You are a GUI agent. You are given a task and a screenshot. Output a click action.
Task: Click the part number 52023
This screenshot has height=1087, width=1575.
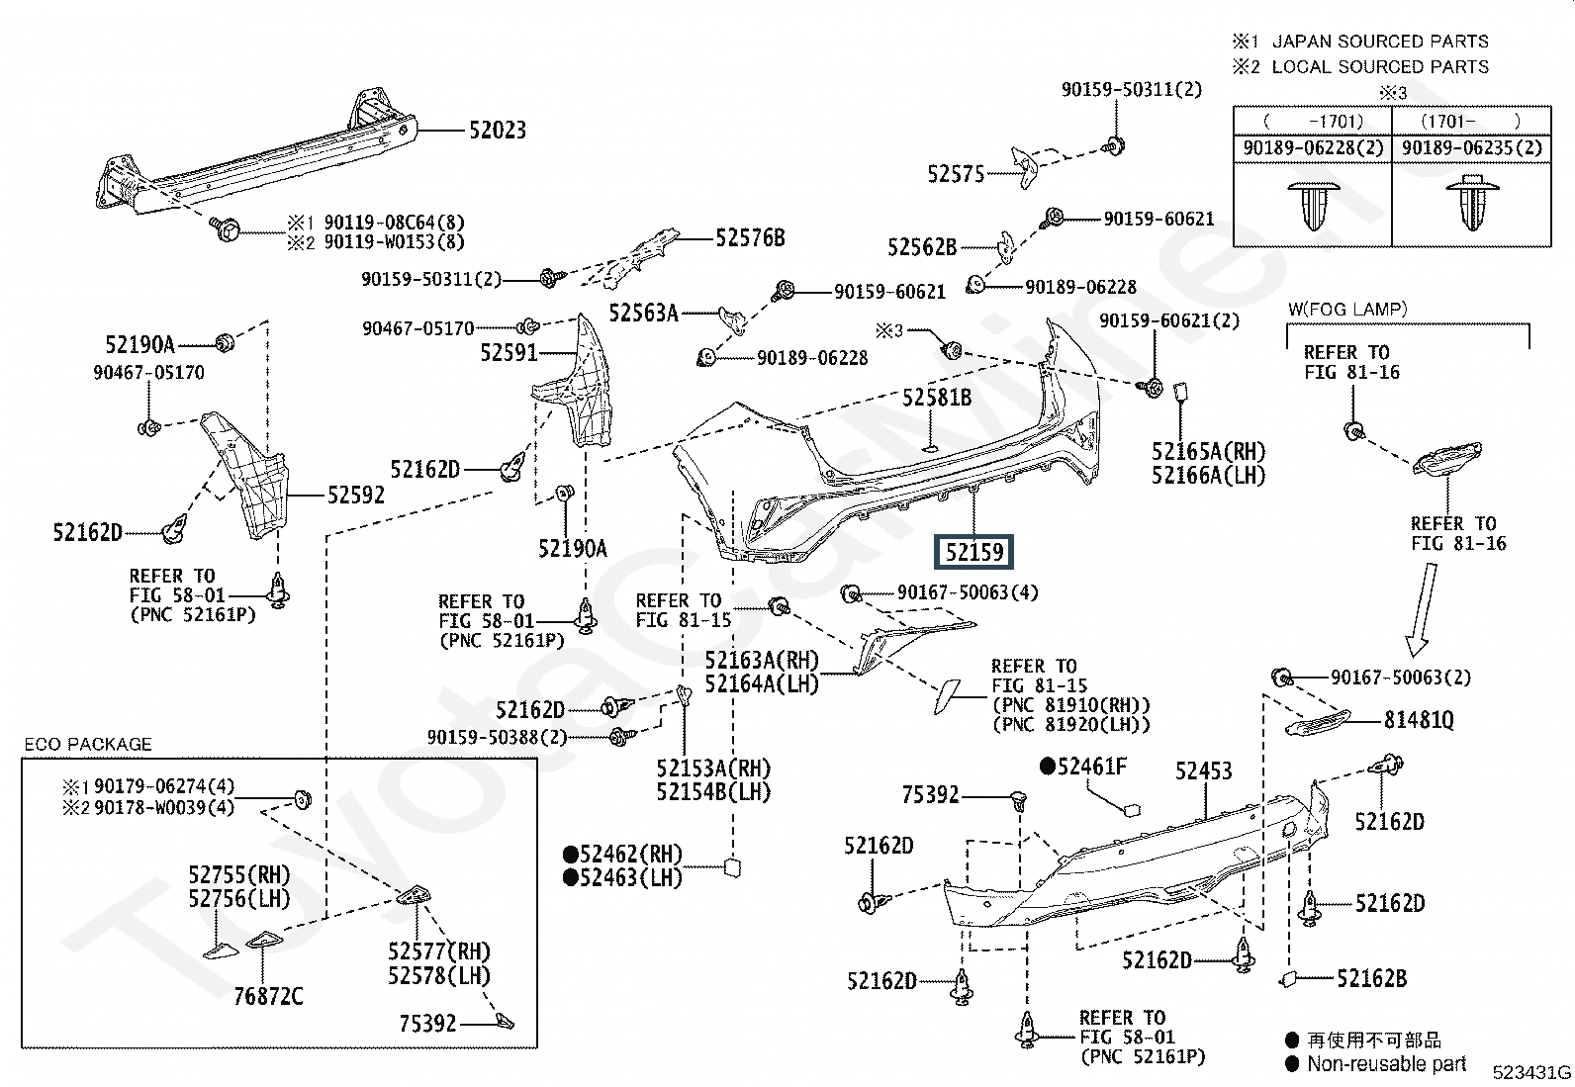497,130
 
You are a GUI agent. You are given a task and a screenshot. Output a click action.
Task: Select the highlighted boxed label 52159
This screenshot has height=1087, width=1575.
975,552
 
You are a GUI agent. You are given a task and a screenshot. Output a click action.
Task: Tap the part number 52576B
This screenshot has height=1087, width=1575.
750,237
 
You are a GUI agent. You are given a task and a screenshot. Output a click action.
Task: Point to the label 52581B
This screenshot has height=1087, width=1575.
936,398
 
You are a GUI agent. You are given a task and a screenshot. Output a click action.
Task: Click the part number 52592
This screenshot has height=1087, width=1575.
356,495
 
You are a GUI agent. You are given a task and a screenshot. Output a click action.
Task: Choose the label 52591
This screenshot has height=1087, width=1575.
509,352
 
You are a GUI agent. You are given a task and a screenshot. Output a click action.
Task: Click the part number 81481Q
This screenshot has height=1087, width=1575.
1419,720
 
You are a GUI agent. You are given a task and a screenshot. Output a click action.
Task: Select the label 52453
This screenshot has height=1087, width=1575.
1203,770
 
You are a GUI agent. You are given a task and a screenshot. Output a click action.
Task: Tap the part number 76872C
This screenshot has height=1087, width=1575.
268,996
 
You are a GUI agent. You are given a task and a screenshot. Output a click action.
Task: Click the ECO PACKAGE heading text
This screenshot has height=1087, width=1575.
88,744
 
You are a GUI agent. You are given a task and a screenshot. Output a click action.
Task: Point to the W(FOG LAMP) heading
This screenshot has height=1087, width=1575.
1346,309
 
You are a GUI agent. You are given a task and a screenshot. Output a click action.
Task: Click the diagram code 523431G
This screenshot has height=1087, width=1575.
1531,1072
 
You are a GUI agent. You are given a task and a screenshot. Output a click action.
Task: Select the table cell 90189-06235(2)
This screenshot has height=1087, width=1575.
1468,148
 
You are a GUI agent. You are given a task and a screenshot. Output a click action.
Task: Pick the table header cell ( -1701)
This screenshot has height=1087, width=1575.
1313,121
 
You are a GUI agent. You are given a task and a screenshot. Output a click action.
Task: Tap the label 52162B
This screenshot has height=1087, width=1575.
1371,978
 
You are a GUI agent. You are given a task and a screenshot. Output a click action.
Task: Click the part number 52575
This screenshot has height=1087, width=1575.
956,174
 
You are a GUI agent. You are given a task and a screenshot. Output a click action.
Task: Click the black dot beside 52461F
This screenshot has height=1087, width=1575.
1047,767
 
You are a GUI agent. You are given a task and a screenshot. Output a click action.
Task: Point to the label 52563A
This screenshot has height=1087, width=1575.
643,313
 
